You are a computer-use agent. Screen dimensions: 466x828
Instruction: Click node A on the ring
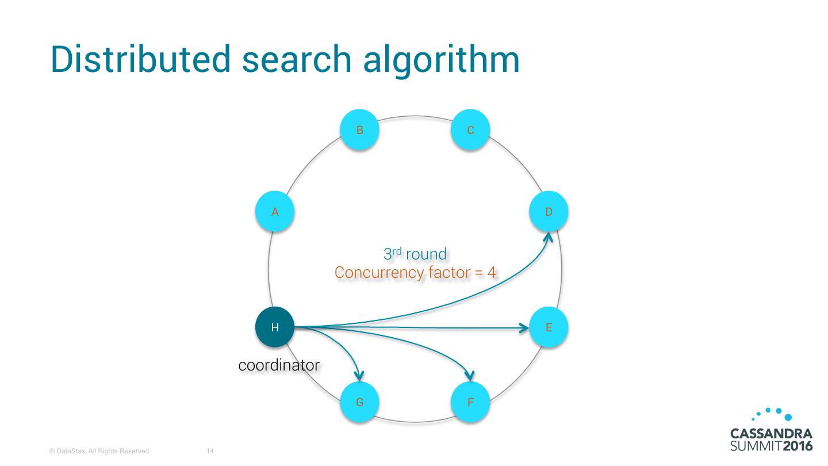[275, 212]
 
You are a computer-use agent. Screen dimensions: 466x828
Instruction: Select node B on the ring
[359, 130]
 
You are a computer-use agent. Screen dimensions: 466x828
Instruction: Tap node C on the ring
[470, 130]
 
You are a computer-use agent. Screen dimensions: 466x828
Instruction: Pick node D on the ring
[549, 212]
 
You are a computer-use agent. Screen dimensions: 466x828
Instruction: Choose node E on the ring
[549, 327]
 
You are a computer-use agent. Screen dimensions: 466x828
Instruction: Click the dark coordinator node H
[275, 327]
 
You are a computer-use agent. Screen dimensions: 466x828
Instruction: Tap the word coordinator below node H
[279, 365]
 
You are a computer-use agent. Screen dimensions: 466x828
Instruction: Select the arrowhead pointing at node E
[524, 328]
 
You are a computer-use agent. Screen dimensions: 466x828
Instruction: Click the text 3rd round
[415, 253]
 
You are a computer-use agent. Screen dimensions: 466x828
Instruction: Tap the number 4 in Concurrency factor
[491, 273]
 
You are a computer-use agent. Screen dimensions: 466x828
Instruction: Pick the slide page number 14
[210, 451]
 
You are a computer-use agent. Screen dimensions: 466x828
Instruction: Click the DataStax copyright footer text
[100, 451]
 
